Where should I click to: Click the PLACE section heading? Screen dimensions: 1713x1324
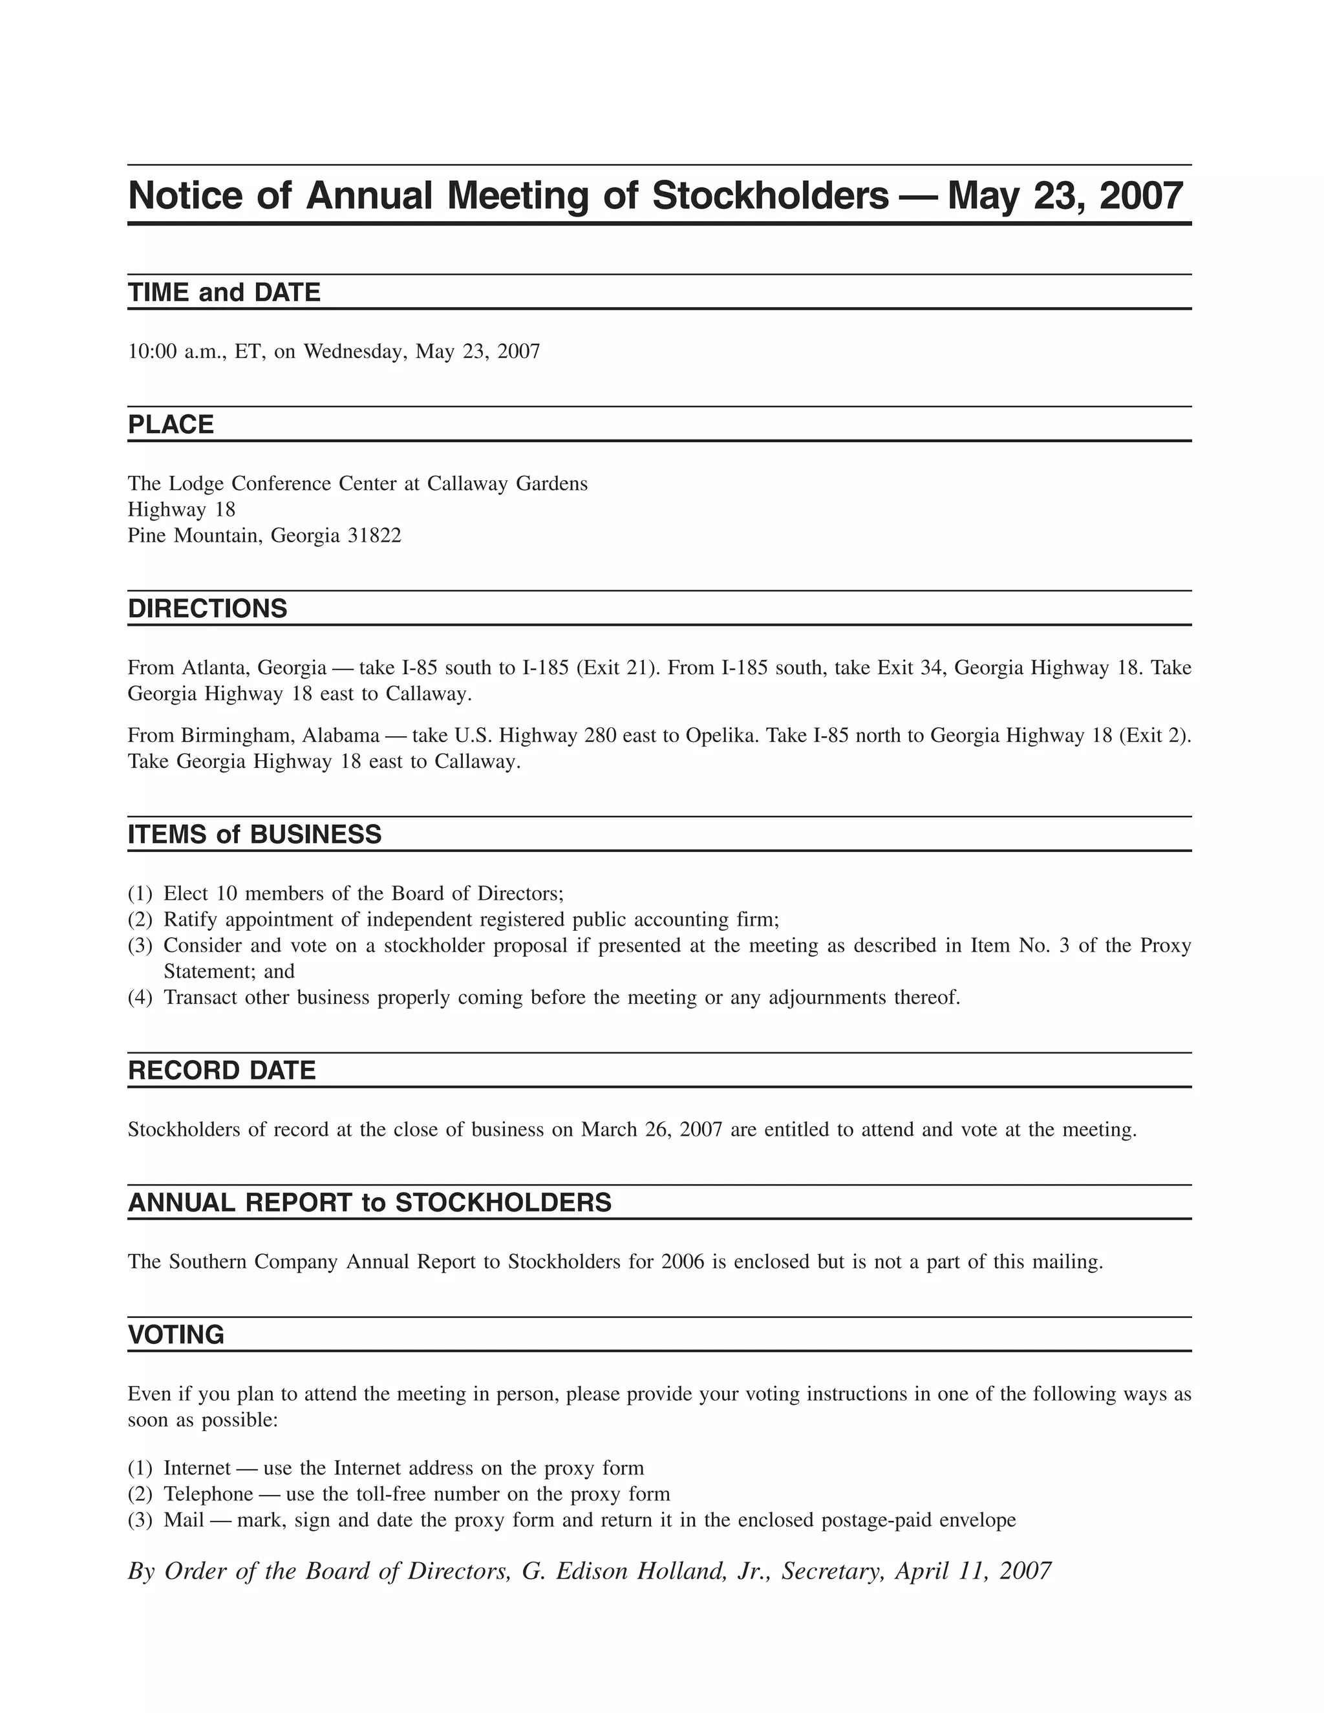point(170,425)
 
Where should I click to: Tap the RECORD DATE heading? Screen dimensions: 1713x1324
point(221,1070)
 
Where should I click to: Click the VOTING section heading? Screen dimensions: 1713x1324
point(176,1335)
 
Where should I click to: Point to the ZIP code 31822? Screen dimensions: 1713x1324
point(374,536)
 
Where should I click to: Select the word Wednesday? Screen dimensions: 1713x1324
point(354,352)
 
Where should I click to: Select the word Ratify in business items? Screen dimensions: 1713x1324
point(189,919)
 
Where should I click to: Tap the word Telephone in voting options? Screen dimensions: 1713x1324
point(209,1494)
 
